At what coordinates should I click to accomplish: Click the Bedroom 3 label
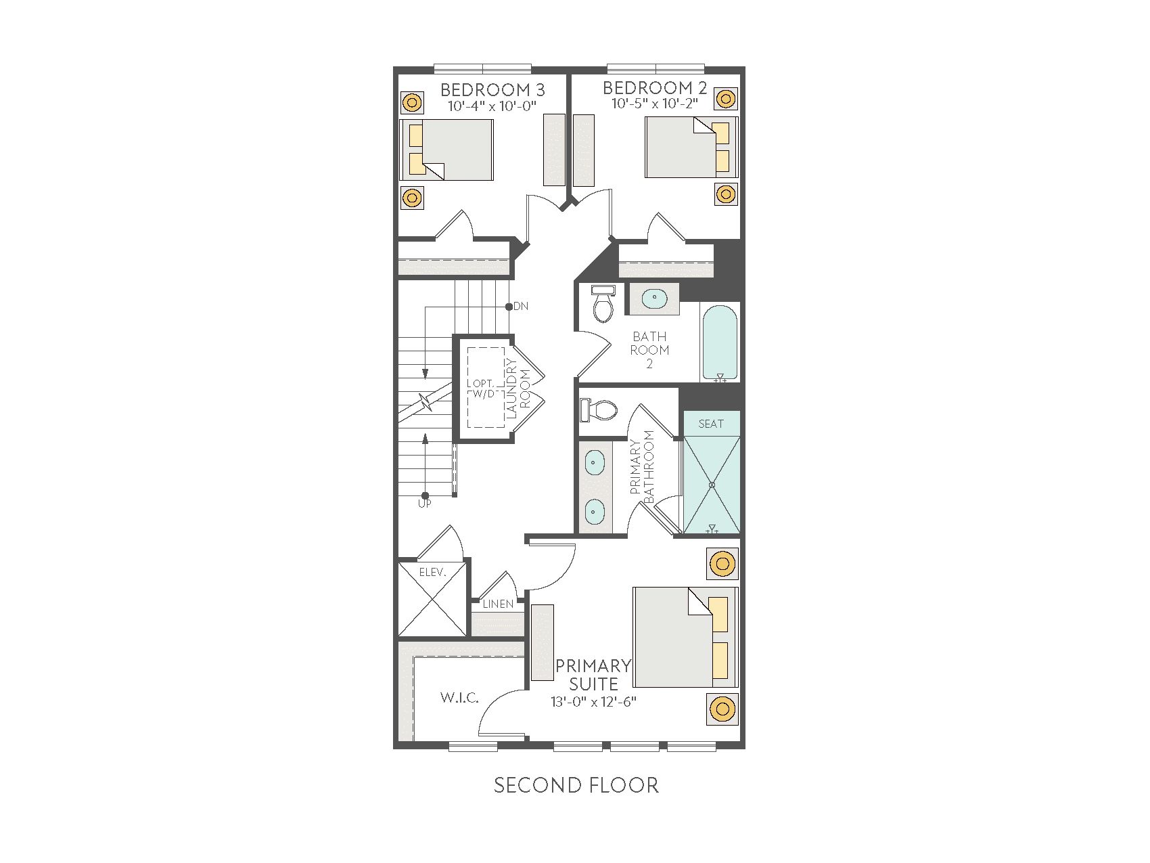[492, 89]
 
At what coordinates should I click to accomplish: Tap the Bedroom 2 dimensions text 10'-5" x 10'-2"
[655, 104]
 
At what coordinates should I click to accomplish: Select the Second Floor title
[576, 785]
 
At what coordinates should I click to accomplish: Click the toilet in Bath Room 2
[603, 303]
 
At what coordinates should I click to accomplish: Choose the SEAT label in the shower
[711, 424]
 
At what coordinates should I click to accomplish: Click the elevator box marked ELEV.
[432, 598]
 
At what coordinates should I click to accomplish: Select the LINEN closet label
[498, 604]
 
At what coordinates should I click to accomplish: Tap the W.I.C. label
[460, 697]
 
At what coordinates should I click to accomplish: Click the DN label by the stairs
[521, 306]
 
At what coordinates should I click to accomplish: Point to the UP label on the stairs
[425, 504]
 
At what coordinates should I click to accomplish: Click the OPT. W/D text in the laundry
[482, 389]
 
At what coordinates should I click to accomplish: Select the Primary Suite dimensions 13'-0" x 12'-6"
[594, 702]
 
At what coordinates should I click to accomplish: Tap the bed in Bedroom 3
[446, 150]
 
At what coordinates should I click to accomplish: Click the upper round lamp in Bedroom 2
[726, 99]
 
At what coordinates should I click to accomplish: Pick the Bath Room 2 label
[650, 350]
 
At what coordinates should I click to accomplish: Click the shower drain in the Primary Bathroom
[712, 485]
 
